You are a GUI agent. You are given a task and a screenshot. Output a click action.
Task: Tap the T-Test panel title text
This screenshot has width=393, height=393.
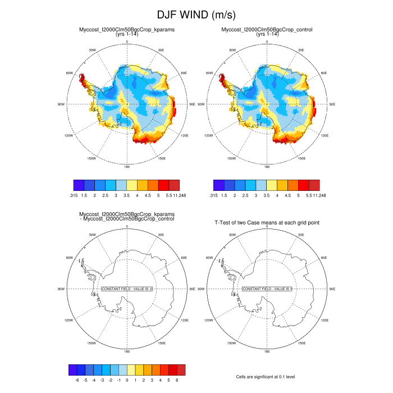point(267,223)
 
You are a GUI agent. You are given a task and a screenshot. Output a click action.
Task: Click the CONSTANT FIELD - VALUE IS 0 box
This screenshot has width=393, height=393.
point(127,289)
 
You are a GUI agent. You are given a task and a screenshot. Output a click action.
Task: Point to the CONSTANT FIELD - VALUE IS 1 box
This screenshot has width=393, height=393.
point(268,289)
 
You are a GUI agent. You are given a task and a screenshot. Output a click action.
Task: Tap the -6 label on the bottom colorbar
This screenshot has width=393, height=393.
point(76,380)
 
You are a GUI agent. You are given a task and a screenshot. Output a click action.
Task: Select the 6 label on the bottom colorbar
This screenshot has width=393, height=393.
point(177,380)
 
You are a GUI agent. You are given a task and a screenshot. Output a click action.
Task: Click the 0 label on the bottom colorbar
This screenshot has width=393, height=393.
point(127,380)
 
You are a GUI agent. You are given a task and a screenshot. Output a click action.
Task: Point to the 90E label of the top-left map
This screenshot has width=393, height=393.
point(192,104)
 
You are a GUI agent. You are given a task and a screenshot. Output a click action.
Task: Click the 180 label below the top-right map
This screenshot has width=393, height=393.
point(267,167)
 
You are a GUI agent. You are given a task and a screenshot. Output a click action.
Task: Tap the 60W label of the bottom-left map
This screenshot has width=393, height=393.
point(70,258)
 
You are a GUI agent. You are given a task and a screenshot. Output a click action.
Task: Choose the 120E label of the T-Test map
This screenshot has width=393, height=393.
point(325,320)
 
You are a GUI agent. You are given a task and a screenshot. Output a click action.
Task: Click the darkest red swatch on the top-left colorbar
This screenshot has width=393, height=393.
point(175,184)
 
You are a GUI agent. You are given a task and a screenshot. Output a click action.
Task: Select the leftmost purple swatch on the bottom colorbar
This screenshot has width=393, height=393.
point(72,369)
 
